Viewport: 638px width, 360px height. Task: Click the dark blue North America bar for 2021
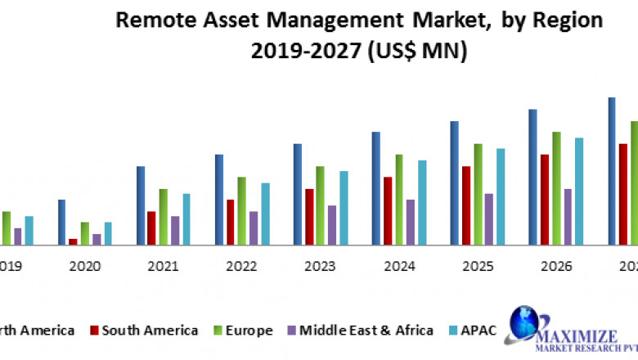[141, 205]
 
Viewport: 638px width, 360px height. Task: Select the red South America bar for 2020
[74, 241]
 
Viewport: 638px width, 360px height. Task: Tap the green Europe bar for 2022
[242, 210]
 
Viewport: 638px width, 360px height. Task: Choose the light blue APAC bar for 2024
[422, 202]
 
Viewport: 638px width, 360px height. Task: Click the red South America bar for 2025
[466, 205]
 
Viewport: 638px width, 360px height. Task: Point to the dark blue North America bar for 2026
[532, 177]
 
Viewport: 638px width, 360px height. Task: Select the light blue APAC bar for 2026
[579, 191]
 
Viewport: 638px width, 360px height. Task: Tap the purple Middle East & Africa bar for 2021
[175, 230]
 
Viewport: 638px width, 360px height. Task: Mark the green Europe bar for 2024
[399, 199]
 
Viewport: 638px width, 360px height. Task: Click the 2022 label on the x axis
[241, 266]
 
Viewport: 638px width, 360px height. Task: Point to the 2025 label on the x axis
[478, 266]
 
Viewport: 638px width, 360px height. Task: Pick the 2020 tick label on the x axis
[85, 266]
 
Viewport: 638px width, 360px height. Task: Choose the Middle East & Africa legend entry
[366, 331]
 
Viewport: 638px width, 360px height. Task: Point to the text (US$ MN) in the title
[419, 52]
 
